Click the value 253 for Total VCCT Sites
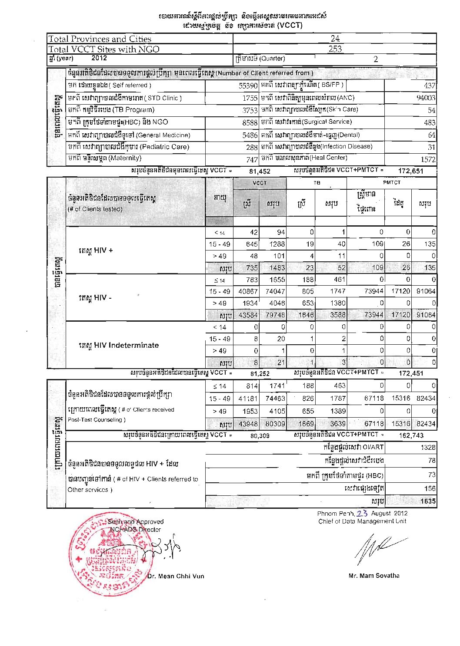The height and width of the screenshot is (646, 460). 335,49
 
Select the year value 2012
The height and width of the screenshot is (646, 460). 99,58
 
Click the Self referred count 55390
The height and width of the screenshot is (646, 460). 248,86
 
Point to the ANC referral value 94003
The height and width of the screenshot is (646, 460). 426,98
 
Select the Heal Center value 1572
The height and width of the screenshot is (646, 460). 428,159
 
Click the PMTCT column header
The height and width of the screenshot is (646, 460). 392,183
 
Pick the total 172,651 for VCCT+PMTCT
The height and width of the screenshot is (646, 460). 410,171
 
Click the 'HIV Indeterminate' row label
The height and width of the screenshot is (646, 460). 119,346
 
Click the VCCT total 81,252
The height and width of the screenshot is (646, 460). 260,373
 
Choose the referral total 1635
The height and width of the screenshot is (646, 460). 428,501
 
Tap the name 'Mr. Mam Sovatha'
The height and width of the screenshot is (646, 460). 374,576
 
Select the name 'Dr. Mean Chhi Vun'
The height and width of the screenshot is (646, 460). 176,577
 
